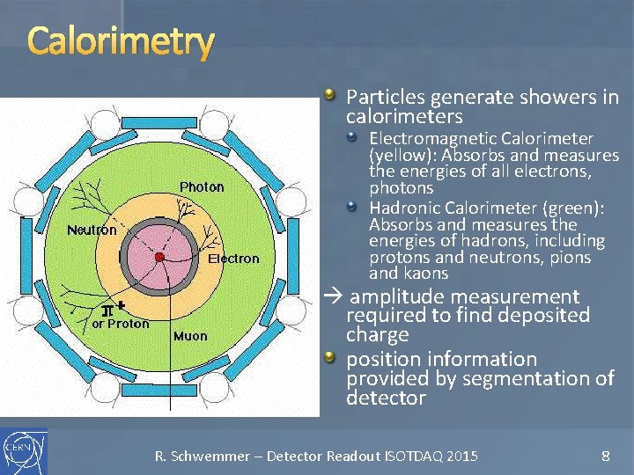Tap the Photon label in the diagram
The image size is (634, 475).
click(x=202, y=187)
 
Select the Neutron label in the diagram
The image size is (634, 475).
click(x=92, y=230)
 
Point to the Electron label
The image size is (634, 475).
click(x=233, y=259)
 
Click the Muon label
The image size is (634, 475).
click(x=190, y=336)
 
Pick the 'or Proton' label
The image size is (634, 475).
click(x=121, y=324)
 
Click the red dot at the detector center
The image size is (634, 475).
click(x=159, y=257)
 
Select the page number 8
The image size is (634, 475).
click(x=605, y=456)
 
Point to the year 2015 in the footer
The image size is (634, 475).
click(x=462, y=456)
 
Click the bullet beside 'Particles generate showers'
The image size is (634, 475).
click(x=329, y=94)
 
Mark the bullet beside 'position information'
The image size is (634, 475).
click(x=329, y=356)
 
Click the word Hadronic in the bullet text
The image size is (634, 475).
click(x=402, y=208)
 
